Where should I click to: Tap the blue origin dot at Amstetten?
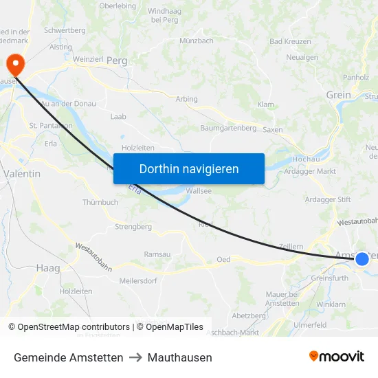click(x=362, y=259)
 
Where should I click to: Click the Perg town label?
click(x=117, y=60)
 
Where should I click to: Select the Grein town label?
click(x=338, y=95)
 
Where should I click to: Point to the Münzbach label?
click(x=196, y=41)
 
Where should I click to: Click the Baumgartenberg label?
click(x=228, y=128)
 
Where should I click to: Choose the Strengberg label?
click(x=133, y=226)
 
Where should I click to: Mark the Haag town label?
click(x=48, y=267)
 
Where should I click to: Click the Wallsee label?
click(x=199, y=191)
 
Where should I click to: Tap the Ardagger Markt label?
click(x=309, y=171)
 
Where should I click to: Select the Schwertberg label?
click(x=64, y=30)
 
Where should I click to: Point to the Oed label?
click(x=223, y=259)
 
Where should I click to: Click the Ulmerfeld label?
click(x=309, y=325)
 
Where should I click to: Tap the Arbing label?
click(x=186, y=99)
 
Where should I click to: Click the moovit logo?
click(x=337, y=356)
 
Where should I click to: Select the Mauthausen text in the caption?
click(x=179, y=357)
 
